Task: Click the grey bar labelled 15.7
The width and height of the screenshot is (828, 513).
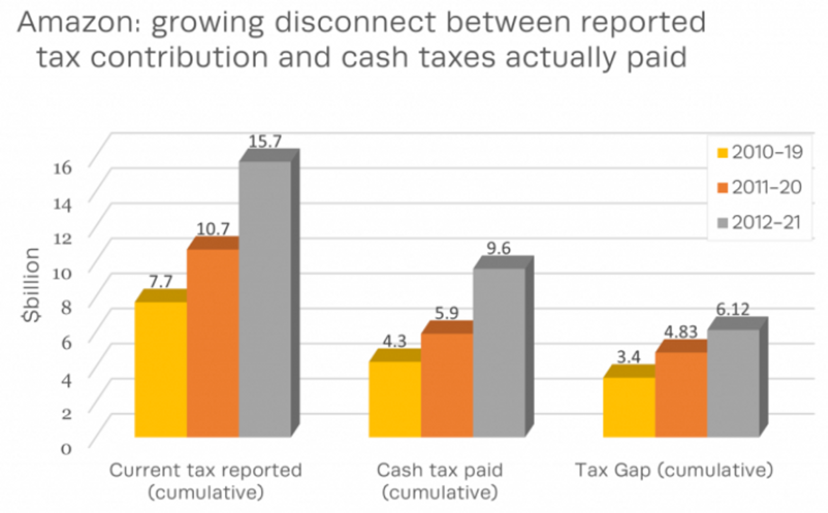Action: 265,298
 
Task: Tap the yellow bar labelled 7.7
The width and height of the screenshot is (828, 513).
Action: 161,368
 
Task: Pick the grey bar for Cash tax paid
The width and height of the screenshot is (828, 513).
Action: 499,352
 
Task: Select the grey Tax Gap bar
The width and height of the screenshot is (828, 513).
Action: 733,383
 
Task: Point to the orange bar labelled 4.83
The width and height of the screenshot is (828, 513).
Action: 681,394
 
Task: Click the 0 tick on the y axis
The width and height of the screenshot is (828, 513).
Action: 66,448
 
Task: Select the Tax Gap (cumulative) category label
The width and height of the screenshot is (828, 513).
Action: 674,470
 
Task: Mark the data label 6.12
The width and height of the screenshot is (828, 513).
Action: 733,309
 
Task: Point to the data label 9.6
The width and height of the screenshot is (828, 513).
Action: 498,248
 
